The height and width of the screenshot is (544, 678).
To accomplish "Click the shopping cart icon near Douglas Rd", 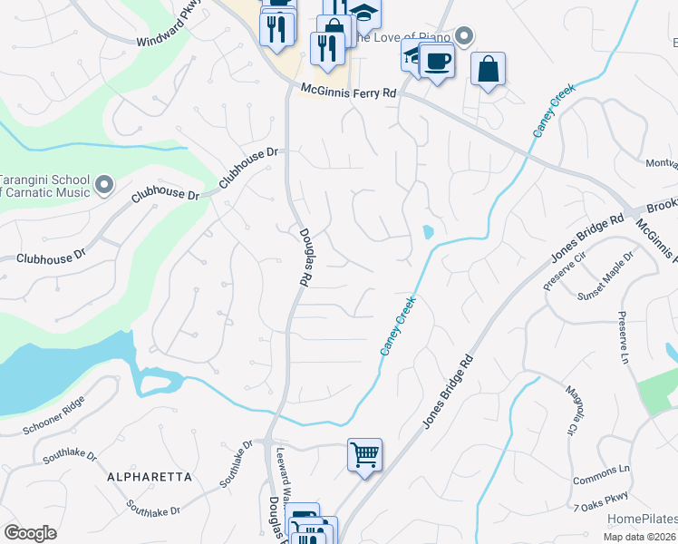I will point(364,454).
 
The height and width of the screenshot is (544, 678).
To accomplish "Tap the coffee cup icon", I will point(437,61).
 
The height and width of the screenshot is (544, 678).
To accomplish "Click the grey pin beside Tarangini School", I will point(104,185).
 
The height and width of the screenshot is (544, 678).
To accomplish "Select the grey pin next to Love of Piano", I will point(464,36).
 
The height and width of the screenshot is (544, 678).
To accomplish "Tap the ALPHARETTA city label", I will point(150,476).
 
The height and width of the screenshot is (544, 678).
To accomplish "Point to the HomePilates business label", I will point(642,519).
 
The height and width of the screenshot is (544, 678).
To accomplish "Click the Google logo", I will point(30,532).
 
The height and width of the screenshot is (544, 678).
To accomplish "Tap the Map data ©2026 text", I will point(640,537).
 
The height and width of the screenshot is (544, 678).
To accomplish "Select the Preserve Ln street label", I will point(623,335).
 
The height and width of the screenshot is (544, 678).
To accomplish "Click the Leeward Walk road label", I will point(281,471).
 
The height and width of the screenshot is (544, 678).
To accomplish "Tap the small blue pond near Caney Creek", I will point(427,233).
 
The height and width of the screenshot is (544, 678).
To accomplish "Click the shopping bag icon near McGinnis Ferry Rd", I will point(488,69).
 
